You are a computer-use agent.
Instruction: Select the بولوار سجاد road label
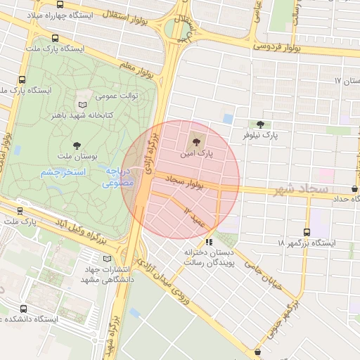point(184,183)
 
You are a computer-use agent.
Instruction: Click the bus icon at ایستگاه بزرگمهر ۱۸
point(307,231)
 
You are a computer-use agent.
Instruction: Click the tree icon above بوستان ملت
point(77,146)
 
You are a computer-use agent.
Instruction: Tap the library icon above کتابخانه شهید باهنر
point(82,102)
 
